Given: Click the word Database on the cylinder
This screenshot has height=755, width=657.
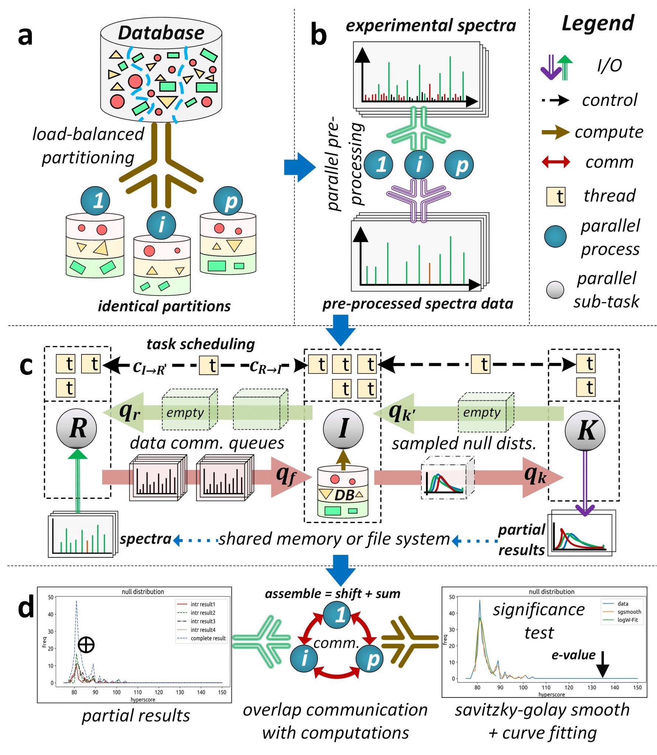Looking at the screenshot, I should tap(161, 33).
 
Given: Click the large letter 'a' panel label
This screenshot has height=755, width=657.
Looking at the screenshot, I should tap(25, 36).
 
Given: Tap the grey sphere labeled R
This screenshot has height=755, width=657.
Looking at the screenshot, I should tap(76, 429).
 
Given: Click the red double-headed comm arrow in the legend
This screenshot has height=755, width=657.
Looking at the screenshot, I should tap(555, 162).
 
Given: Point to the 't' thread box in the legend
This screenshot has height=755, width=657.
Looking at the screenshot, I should tap(556, 196).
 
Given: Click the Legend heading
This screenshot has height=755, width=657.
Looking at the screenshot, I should tap(597, 24).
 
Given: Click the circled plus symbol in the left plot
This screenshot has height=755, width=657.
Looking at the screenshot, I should tap(86, 645).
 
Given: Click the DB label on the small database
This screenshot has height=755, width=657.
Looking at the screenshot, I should tap(344, 495).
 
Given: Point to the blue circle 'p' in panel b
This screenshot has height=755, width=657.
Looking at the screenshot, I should tap(459, 165).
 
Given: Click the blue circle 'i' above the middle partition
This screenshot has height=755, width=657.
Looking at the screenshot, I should tap(161, 225).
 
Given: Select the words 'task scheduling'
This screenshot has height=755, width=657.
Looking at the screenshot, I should tap(201, 344).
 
